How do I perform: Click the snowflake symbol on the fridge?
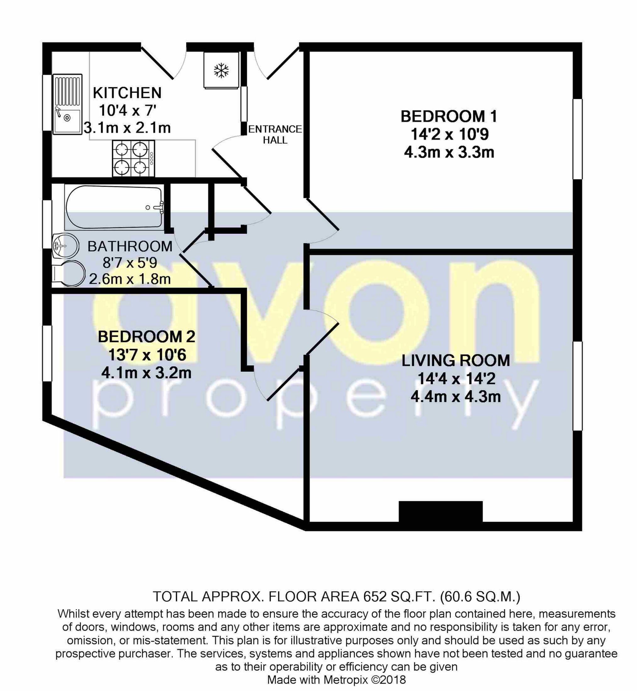pos(221,71)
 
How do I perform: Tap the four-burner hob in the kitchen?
pos(133,158)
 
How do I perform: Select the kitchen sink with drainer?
pos(67,103)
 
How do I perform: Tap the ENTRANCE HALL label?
pos(275,134)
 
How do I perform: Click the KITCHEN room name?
pos(127,93)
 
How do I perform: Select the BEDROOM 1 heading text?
pos(449,116)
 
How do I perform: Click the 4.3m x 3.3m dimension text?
pos(449,152)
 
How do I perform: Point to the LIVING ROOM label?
pos(455,360)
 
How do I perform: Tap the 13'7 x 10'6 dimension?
pos(147,355)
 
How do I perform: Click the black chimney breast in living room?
pos(440,511)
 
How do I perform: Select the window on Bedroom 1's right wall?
pos(577,139)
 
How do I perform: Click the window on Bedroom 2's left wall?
pos(47,353)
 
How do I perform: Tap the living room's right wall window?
pos(577,386)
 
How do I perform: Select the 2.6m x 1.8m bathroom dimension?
pos(130,279)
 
